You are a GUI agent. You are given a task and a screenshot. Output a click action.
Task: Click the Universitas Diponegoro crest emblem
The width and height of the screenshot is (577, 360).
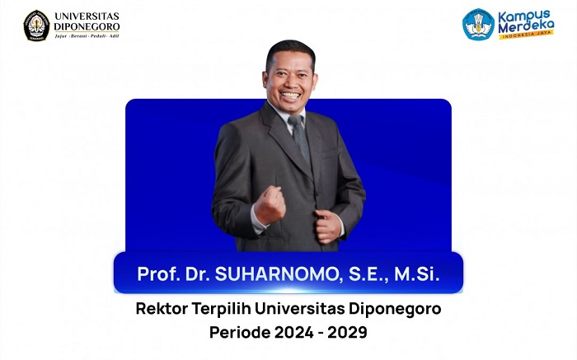click(x=36, y=25)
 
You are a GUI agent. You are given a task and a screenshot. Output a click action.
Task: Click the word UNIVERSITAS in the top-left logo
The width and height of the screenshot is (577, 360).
click(x=86, y=16)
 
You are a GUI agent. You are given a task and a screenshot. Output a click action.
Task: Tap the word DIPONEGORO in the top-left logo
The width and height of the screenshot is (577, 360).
click(x=86, y=26)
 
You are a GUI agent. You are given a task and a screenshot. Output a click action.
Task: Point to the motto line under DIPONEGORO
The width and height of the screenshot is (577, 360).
click(x=87, y=36)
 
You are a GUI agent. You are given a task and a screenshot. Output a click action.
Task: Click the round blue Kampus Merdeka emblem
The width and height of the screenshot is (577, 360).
click(x=478, y=25)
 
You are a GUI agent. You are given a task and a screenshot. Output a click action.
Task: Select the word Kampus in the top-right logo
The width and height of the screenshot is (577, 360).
click(x=518, y=15)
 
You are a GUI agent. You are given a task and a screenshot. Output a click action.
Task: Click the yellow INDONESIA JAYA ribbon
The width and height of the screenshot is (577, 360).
click(x=525, y=35)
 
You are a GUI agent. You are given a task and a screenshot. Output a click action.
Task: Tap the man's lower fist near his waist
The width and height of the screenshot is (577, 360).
click(x=328, y=226)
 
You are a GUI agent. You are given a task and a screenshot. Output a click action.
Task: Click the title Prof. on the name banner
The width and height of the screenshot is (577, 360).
click(x=157, y=274)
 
